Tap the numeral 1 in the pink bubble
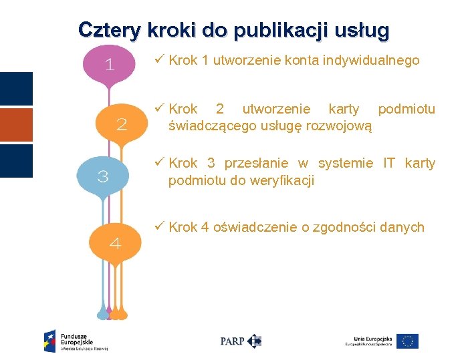click(110, 65)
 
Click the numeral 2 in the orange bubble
click(122, 124)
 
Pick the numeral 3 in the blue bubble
click(103, 177)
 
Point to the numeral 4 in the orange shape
click(115, 244)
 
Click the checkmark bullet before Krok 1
click(159, 60)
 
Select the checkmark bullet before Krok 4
click(159, 227)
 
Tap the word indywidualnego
click(371, 61)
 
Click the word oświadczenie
click(255, 228)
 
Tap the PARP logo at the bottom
click(241, 341)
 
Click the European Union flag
click(407, 341)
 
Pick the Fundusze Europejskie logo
click(76, 341)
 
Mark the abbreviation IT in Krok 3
click(388, 164)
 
